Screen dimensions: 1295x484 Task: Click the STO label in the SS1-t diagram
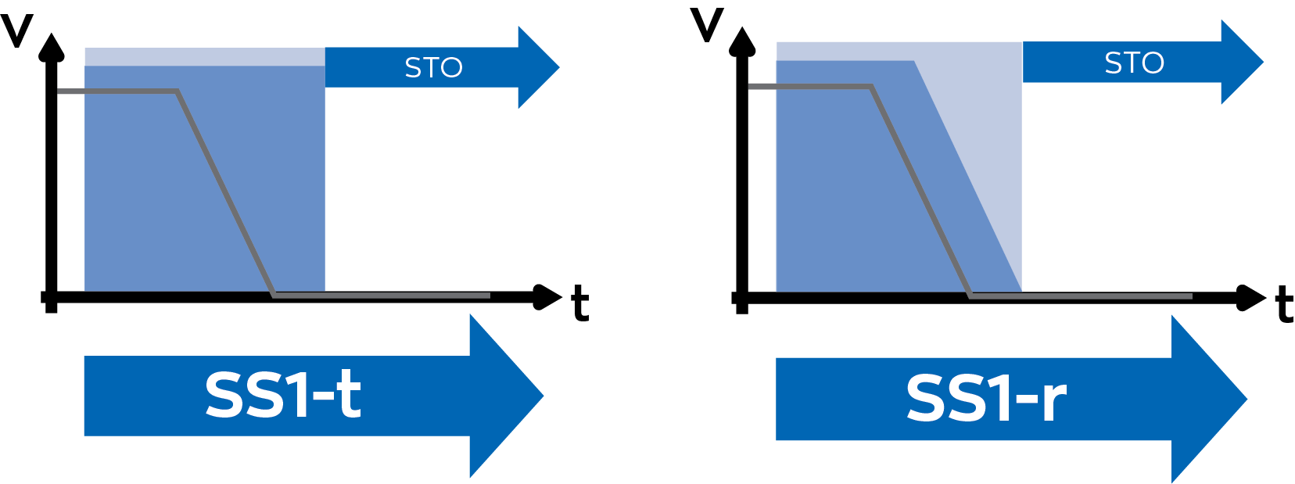click(433, 68)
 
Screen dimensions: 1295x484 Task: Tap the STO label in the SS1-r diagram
click(1134, 63)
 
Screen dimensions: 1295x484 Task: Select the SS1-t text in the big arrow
click(283, 395)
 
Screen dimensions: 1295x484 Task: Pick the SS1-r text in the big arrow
click(986, 398)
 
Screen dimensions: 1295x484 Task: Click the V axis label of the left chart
click(16, 30)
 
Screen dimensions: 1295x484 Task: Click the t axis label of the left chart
click(580, 303)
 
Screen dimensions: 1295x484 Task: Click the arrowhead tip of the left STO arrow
click(559, 67)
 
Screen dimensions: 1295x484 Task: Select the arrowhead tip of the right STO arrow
click(1263, 62)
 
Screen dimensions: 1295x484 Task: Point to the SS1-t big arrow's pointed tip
click(543, 396)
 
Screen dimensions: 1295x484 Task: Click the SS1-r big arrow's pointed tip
click(1247, 399)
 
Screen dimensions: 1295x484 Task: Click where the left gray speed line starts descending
click(177, 91)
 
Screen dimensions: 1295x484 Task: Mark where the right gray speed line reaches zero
click(970, 296)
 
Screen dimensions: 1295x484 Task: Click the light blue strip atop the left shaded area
click(205, 56)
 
